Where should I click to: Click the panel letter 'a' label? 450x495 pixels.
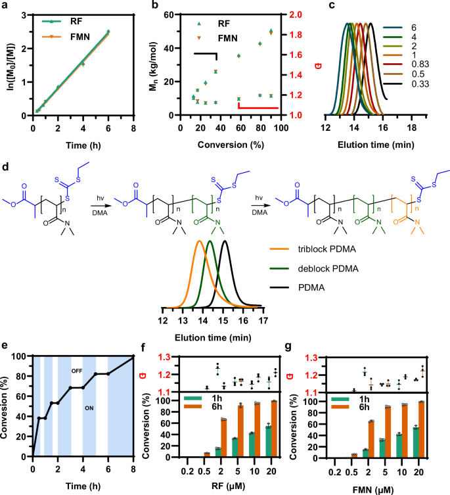pyautogui.click(x=5, y=7)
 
